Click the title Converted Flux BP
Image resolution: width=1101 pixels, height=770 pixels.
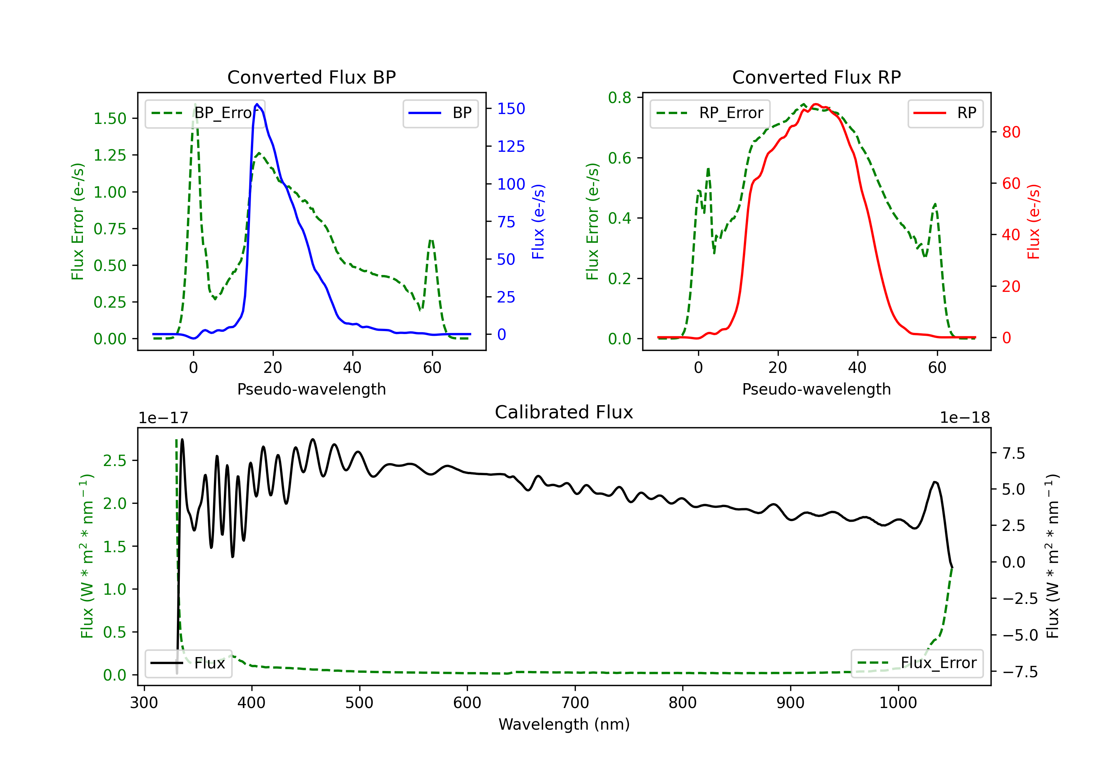point(312,77)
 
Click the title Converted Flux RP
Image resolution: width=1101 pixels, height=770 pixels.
point(817,77)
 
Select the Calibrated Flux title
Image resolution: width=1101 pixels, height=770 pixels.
point(564,412)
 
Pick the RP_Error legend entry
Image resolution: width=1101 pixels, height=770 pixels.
point(710,113)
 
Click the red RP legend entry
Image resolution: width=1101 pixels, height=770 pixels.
point(945,113)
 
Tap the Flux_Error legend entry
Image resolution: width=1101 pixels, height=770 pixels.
point(917,663)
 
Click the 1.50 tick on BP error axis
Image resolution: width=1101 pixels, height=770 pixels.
point(110,118)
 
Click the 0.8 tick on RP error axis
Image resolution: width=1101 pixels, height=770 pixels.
point(619,98)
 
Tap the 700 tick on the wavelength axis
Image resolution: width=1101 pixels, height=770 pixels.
point(575,703)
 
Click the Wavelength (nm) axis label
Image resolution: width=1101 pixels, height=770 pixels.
point(564,725)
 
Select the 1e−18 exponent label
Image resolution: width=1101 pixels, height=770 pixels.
point(965,418)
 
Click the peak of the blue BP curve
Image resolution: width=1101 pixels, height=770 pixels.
point(257,104)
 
